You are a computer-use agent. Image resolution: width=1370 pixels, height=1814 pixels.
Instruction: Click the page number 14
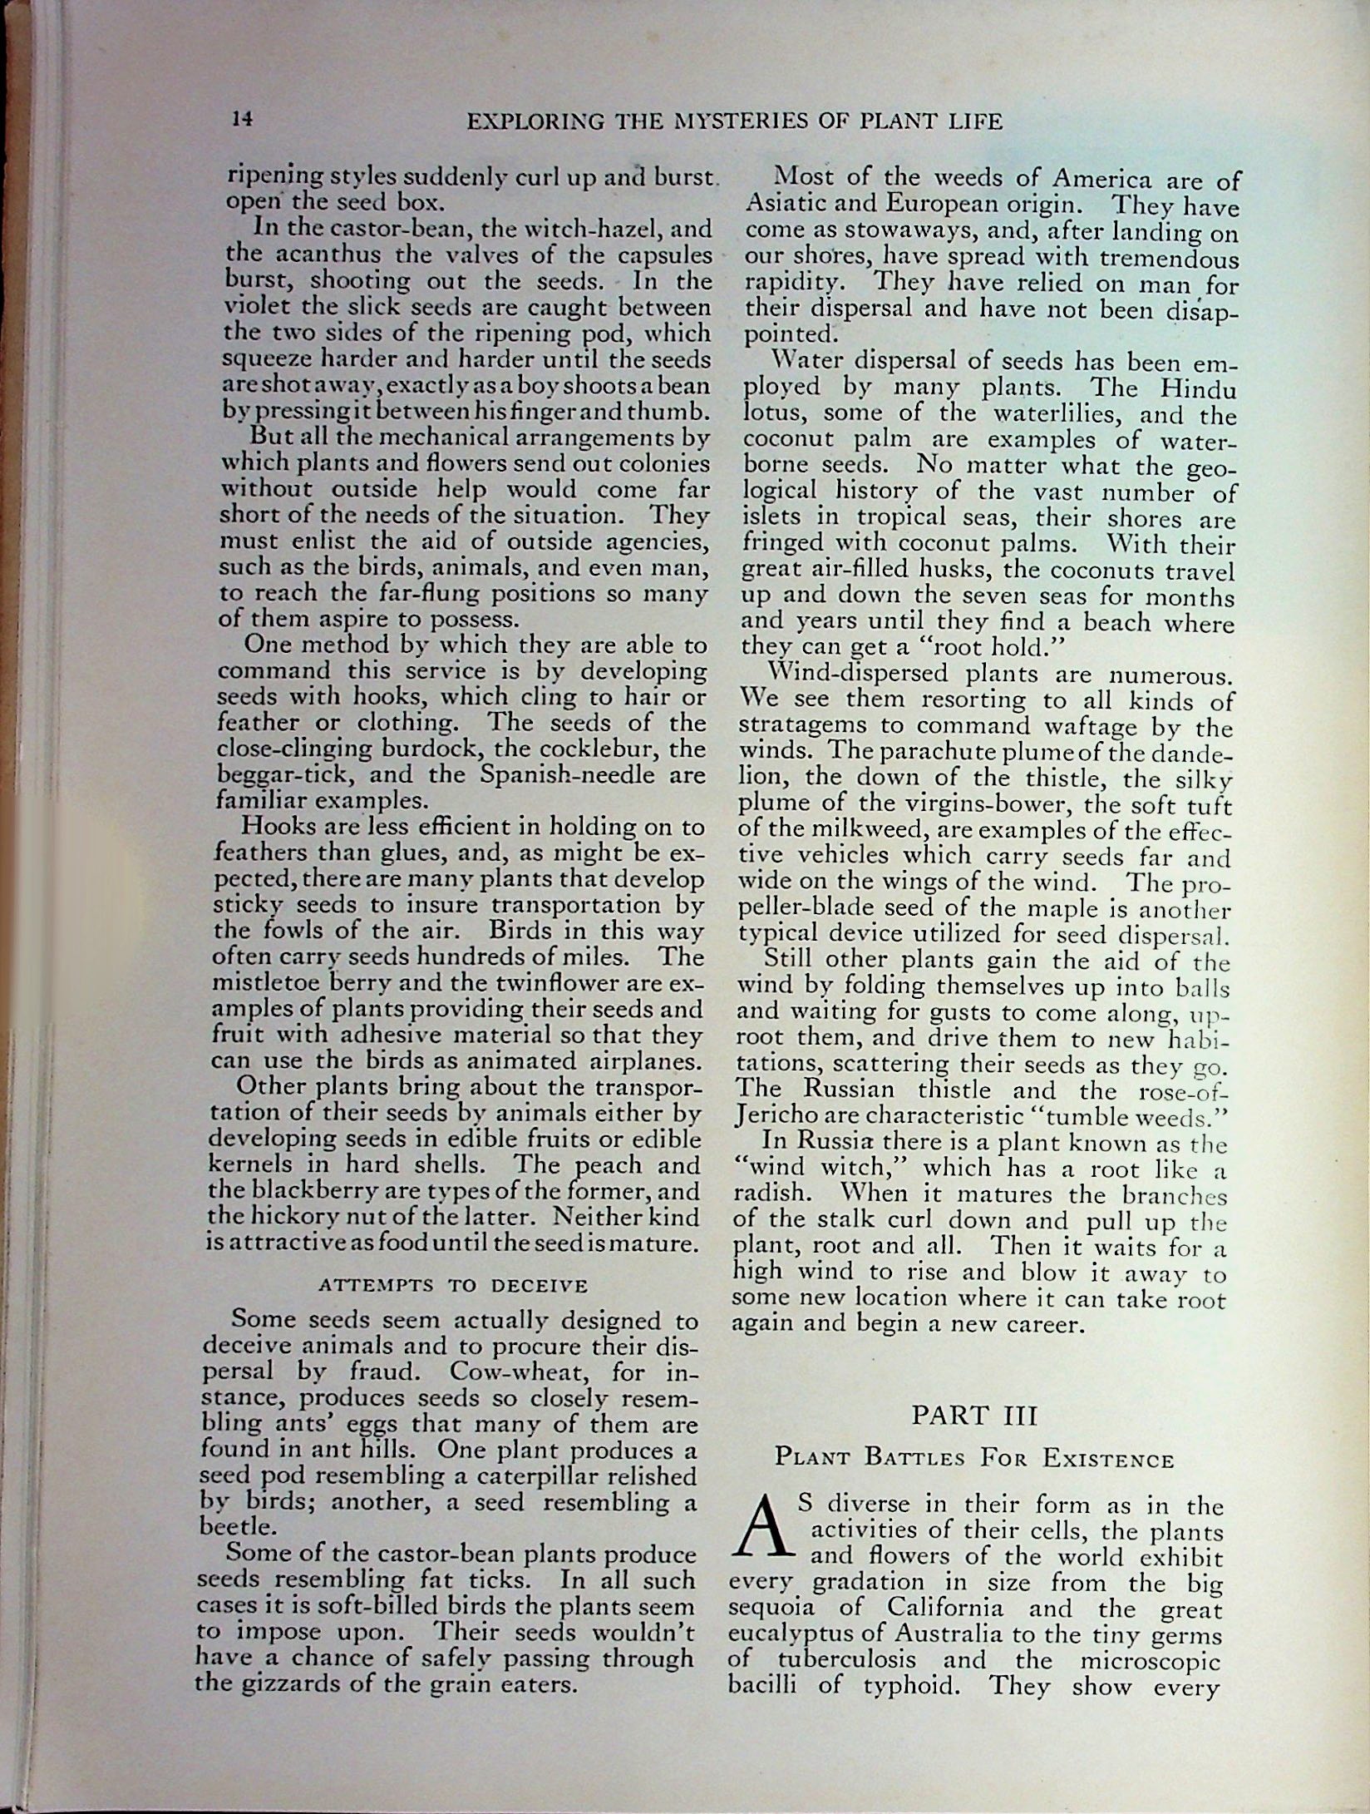pos(242,119)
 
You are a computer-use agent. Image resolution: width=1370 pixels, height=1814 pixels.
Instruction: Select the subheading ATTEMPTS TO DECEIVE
pos(453,1285)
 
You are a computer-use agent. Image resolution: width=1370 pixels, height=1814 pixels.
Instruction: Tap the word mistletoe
pos(267,983)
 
